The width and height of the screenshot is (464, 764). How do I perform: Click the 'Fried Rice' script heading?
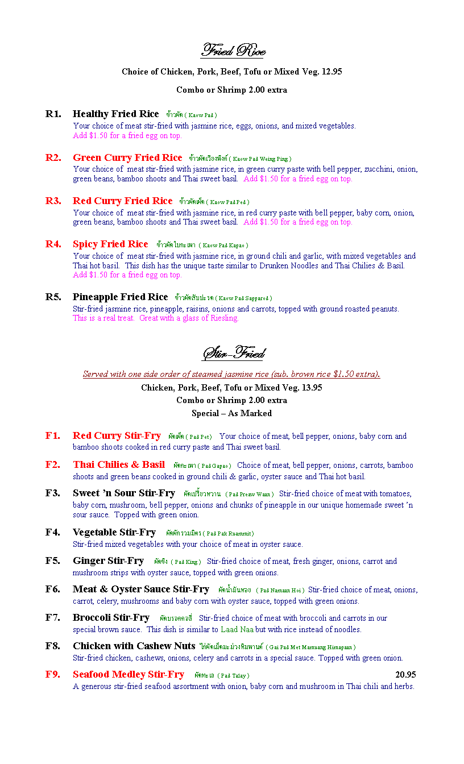pyautogui.click(x=233, y=51)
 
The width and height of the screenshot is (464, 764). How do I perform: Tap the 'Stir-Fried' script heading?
pyautogui.click(x=233, y=354)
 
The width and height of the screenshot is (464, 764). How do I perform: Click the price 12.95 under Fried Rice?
pyautogui.click(x=332, y=72)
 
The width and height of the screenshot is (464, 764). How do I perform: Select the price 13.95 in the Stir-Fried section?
pyautogui.click(x=312, y=388)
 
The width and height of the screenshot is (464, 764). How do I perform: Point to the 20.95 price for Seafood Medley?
pyautogui.click(x=405, y=675)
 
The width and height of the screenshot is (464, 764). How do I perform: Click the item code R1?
pyautogui.click(x=53, y=114)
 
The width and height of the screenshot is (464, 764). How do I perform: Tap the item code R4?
pyautogui.click(x=53, y=244)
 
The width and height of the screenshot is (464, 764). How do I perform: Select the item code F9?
pyautogui.click(x=53, y=675)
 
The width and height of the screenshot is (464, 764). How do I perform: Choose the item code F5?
pyautogui.click(x=53, y=561)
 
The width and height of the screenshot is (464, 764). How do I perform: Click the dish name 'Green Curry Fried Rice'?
pyautogui.click(x=127, y=158)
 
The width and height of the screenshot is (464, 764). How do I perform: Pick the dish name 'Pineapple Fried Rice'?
pyautogui.click(x=121, y=297)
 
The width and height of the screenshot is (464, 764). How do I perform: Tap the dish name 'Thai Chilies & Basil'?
pyautogui.click(x=119, y=465)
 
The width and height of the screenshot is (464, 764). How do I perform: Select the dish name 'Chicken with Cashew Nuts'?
pyautogui.click(x=134, y=646)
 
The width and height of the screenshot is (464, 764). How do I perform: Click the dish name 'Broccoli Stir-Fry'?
pyautogui.click(x=111, y=618)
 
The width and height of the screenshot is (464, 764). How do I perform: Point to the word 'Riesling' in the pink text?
pyautogui.click(x=224, y=318)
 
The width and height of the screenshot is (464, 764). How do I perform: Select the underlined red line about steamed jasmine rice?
pyautogui.click(x=231, y=374)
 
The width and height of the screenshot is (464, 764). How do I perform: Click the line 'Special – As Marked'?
pyautogui.click(x=231, y=413)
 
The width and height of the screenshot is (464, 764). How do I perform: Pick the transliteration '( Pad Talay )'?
pyautogui.click(x=233, y=676)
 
